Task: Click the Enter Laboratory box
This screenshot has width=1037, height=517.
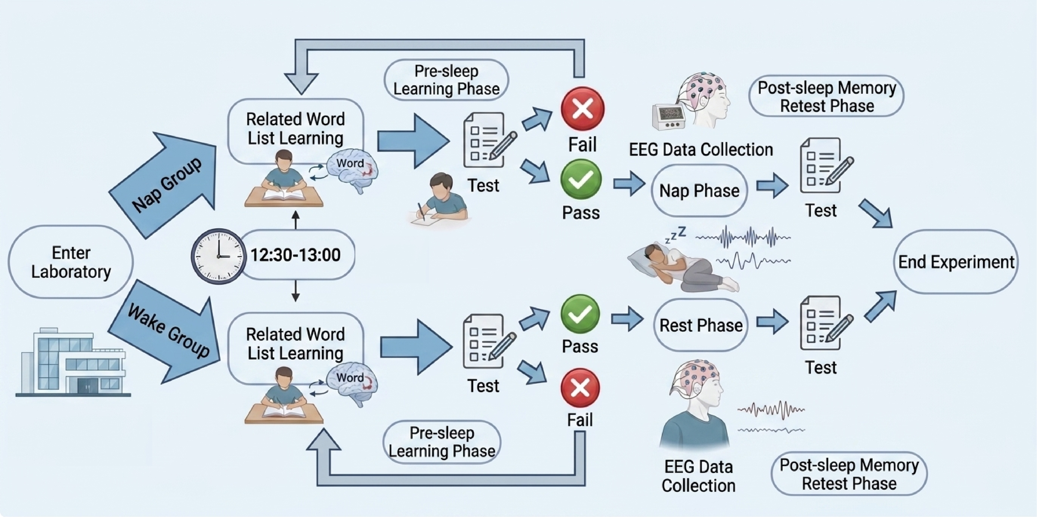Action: point(71,262)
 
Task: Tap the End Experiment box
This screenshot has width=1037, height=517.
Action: point(956,262)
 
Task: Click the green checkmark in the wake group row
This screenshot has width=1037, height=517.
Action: point(580,314)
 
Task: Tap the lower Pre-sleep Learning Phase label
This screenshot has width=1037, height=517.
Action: point(442,442)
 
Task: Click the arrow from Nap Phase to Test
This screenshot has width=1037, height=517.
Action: point(772,185)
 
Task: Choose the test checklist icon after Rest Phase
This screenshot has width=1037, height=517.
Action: point(825,323)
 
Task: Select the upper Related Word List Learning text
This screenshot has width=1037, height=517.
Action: point(295,128)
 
